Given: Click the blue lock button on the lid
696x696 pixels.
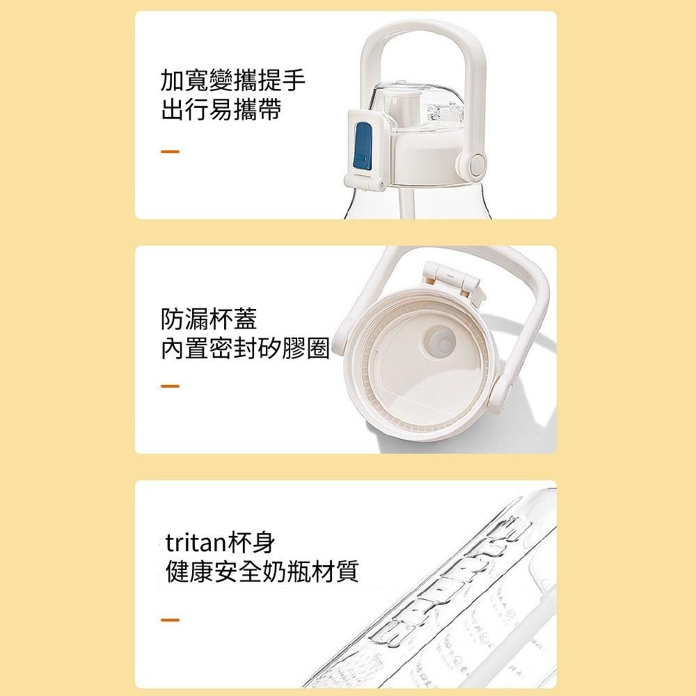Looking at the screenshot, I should click(x=363, y=145).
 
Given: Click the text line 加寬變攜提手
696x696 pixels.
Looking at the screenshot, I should click(x=232, y=81).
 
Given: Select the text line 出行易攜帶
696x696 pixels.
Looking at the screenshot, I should click(x=221, y=111).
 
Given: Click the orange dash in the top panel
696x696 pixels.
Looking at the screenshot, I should click(x=170, y=151).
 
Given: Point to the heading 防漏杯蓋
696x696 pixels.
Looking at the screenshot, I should click(x=209, y=319).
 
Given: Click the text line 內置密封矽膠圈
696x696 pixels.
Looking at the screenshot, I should click(x=244, y=349).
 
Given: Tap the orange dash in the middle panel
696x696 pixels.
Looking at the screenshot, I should click(x=170, y=386).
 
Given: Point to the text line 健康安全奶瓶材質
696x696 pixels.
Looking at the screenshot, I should click(x=261, y=572).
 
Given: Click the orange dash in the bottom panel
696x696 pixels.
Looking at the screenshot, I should click(x=170, y=619).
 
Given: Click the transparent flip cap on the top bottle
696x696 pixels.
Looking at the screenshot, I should click(x=418, y=108).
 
